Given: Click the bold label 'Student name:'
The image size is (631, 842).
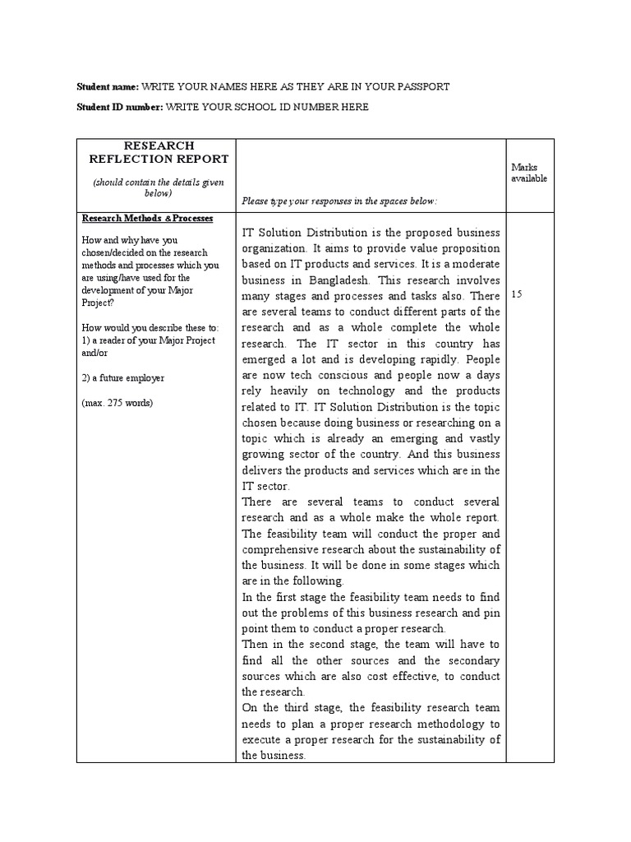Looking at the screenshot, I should pyautogui.click(x=108, y=86).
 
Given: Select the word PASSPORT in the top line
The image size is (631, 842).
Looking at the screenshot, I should pyautogui.click(x=421, y=86).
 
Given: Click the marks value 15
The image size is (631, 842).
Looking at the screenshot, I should pyautogui.click(x=517, y=294).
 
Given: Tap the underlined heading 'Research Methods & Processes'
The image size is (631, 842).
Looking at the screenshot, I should pyautogui.click(x=147, y=219).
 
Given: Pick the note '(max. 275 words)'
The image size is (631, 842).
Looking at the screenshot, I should pyautogui.click(x=116, y=403).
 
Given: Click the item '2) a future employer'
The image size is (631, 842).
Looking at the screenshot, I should pyautogui.click(x=122, y=377).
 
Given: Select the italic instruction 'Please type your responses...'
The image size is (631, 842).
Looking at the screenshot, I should pyautogui.click(x=339, y=201).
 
